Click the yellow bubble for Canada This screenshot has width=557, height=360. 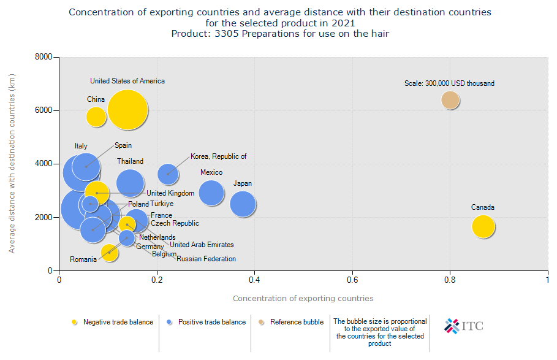pyautogui.click(x=483, y=226)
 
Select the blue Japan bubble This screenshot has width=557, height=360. pyautogui.click(x=243, y=204)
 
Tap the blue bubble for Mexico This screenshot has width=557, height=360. pyautogui.click(x=211, y=193)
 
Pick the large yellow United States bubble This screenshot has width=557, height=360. pyautogui.click(x=127, y=110)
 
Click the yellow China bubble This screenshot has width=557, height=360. pyautogui.click(x=96, y=116)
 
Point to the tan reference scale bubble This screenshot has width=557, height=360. pyautogui.click(x=450, y=100)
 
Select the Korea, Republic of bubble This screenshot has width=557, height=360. pyautogui.click(x=168, y=174)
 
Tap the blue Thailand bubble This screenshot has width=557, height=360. pyautogui.click(x=130, y=182)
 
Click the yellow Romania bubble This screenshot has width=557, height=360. pyautogui.click(x=109, y=252)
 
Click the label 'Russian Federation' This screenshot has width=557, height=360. pyautogui.click(x=206, y=259)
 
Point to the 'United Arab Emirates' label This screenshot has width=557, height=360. pyautogui.click(x=202, y=245)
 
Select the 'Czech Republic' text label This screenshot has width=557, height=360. pyautogui.click(x=175, y=224)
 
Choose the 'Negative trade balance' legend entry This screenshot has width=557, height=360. pyautogui.click(x=113, y=322)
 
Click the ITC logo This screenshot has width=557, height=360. pyautogui.click(x=464, y=326)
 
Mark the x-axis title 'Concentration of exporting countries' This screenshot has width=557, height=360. pyautogui.click(x=303, y=299)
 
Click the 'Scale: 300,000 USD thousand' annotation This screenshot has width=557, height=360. pyautogui.click(x=449, y=83)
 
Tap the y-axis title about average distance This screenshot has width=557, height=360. pyautogui.click(x=12, y=164)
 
